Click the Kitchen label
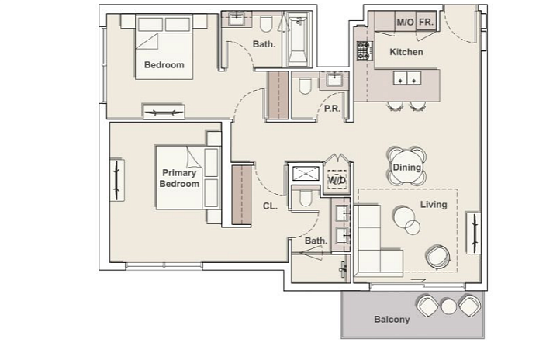[406, 52]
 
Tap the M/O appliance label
[406, 22]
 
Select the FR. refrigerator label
[426, 22]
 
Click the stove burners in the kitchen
[363, 50]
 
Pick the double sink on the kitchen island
[407, 78]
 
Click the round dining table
[406, 167]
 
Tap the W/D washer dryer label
[337, 180]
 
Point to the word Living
[434, 205]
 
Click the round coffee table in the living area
[404, 217]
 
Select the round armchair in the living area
[438, 256]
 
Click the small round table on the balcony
[448, 306]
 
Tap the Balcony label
[392, 320]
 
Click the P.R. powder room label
[332, 108]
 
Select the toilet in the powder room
[305, 86]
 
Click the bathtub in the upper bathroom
[298, 40]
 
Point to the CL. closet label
[270, 206]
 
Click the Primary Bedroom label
[179, 178]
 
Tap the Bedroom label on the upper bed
[164, 65]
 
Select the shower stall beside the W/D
[306, 174]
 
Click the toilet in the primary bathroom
[306, 198]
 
